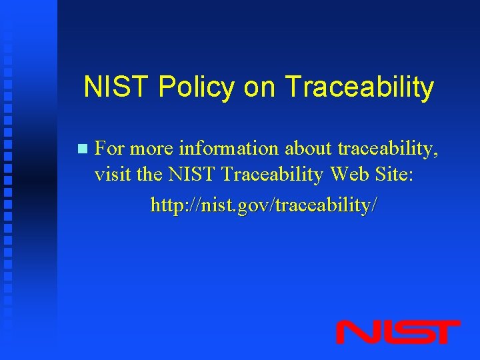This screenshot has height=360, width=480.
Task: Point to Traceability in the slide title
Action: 359,87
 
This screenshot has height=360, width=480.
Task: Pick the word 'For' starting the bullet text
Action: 109,148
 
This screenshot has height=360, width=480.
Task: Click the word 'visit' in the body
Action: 111,175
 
